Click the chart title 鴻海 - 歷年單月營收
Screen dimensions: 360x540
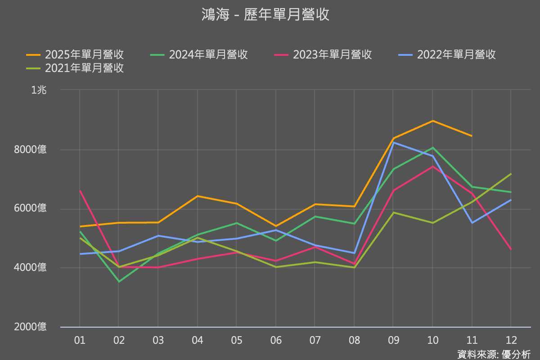click(265, 14)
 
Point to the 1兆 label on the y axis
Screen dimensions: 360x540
click(39, 90)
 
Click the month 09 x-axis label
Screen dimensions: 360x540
click(393, 340)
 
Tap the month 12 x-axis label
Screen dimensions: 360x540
click(511, 340)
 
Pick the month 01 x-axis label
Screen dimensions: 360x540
click(80, 340)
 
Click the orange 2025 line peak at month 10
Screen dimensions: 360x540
click(432, 121)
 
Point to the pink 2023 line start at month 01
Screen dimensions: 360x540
click(80, 191)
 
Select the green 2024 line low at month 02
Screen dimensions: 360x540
click(119, 282)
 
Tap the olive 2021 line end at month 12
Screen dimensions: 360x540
click(511, 174)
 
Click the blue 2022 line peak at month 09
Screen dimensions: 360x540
click(393, 142)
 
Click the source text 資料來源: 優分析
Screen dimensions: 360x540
click(494, 354)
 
